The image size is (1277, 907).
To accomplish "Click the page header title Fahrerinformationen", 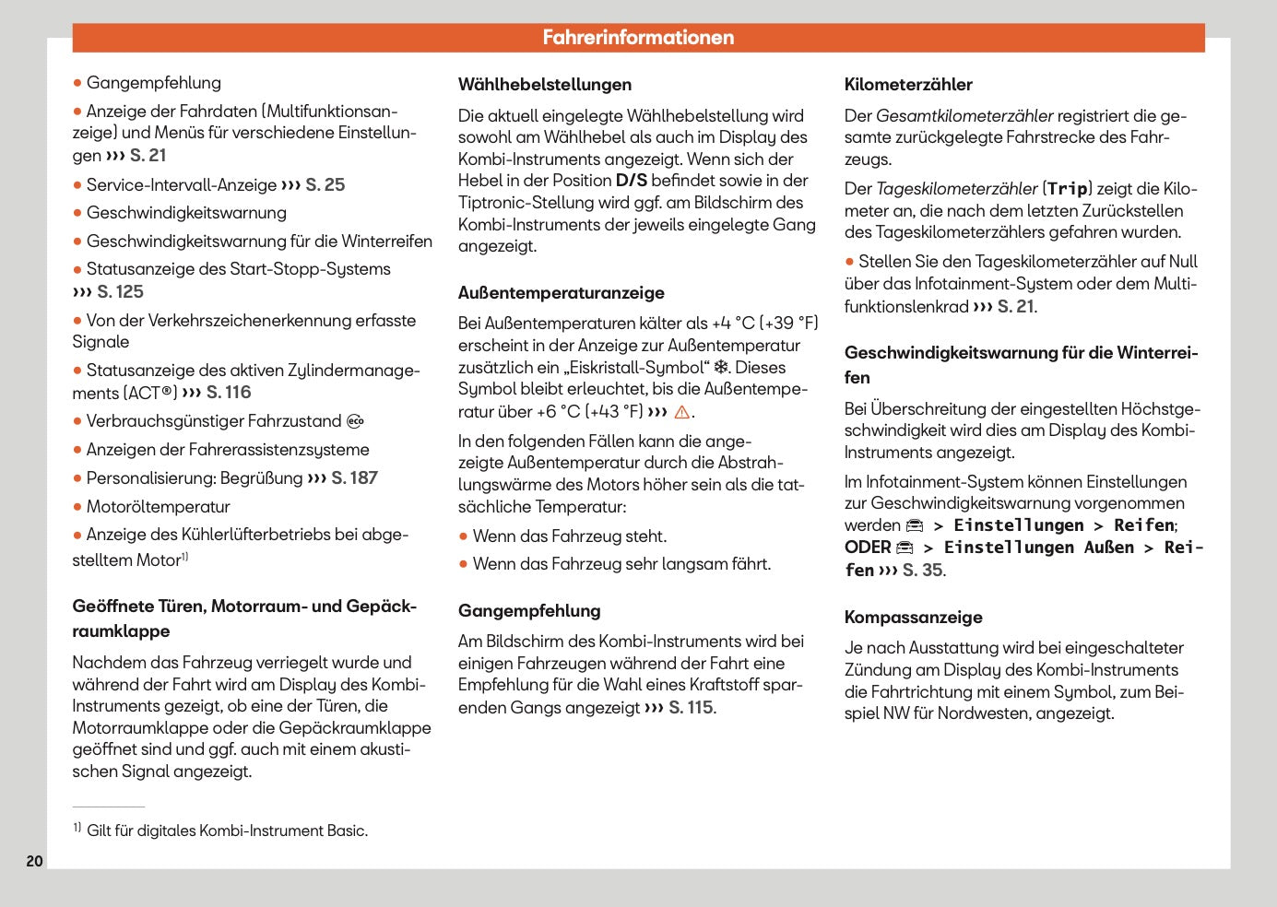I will (x=638, y=38).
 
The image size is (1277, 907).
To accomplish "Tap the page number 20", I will (x=34, y=861).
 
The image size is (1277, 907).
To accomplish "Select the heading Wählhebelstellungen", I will (x=545, y=85).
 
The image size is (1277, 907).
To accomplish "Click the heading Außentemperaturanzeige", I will (x=561, y=293).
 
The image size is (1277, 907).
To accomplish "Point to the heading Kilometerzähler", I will (x=908, y=85).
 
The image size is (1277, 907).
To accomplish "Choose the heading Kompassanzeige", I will (x=913, y=618).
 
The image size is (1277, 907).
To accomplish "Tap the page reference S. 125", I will (x=120, y=292).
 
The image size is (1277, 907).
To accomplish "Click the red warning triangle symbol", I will (x=682, y=412).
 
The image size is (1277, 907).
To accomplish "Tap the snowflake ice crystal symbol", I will (x=721, y=368).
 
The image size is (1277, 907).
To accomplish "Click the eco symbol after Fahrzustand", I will (x=356, y=422).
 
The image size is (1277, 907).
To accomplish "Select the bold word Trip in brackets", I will (x=1068, y=189).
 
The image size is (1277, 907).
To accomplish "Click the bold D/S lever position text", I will (x=632, y=181).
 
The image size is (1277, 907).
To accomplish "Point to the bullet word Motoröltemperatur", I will (x=158, y=507).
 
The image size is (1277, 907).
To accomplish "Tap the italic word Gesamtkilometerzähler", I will (x=964, y=116).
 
